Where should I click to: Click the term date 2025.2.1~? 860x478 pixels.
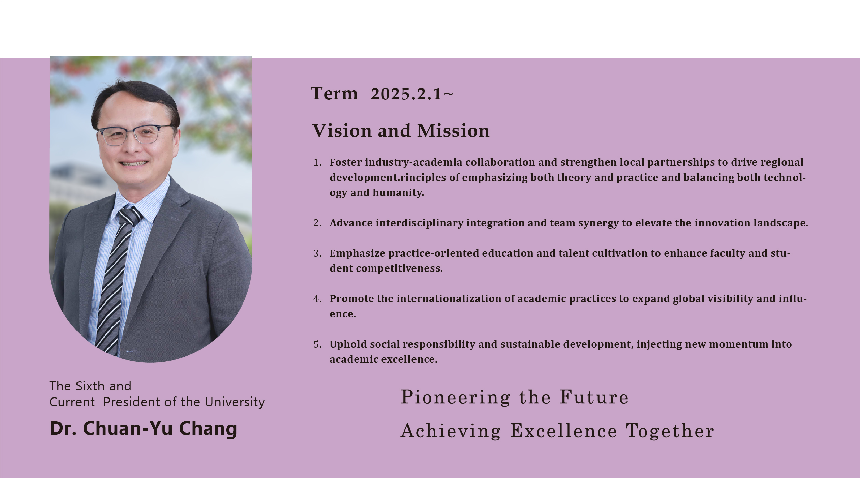click(x=412, y=94)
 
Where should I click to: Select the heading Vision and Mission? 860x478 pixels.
click(x=401, y=130)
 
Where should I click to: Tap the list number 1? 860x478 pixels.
click(x=317, y=162)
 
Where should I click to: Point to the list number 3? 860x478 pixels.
click(x=317, y=253)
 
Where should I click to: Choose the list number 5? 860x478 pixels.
click(x=317, y=344)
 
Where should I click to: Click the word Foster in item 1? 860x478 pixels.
click(x=345, y=162)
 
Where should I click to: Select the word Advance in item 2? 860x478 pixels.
click(x=351, y=223)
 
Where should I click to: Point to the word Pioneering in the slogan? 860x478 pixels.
click(x=455, y=397)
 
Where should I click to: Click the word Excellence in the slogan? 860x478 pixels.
click(x=563, y=431)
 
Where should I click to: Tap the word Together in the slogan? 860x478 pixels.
click(x=670, y=431)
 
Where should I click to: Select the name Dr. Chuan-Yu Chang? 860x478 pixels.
click(x=144, y=428)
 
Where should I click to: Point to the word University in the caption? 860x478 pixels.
click(x=235, y=402)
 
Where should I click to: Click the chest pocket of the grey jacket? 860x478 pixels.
click(x=176, y=274)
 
